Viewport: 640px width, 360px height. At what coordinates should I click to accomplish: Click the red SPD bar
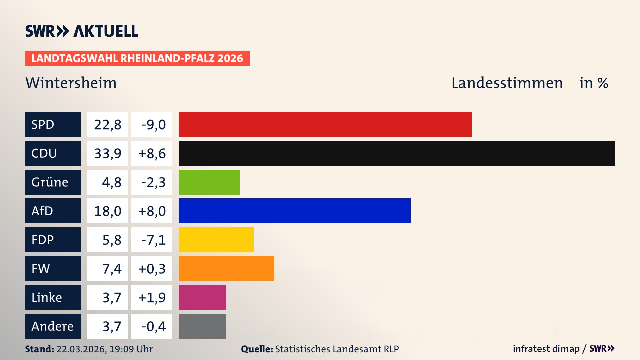(x=325, y=124)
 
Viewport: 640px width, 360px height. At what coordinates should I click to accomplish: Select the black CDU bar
(x=397, y=153)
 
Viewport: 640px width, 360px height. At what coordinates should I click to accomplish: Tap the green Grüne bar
(x=209, y=182)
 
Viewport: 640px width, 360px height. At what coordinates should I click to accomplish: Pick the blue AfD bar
(x=294, y=211)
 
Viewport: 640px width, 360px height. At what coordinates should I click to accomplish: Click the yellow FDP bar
(x=216, y=240)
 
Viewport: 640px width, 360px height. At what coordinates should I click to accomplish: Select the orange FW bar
(x=226, y=268)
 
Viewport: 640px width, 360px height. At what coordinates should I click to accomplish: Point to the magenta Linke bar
(x=202, y=297)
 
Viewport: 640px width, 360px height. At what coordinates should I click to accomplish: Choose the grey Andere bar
(x=202, y=326)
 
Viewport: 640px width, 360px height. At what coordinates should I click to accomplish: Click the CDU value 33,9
(x=108, y=153)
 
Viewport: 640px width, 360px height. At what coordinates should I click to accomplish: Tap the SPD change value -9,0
(x=153, y=124)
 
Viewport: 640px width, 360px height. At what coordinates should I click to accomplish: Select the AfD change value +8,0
(x=152, y=211)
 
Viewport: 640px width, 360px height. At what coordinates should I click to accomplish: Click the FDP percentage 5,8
(x=111, y=240)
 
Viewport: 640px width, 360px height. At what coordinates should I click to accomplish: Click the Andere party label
(x=53, y=326)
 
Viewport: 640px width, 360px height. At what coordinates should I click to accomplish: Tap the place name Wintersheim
(x=71, y=83)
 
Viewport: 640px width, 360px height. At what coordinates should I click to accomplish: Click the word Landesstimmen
(x=507, y=83)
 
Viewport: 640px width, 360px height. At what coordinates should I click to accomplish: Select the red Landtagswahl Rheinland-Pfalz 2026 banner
(x=137, y=58)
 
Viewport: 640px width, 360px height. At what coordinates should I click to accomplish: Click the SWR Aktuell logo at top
(x=82, y=31)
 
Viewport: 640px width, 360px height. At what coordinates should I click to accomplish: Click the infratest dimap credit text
(x=546, y=349)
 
